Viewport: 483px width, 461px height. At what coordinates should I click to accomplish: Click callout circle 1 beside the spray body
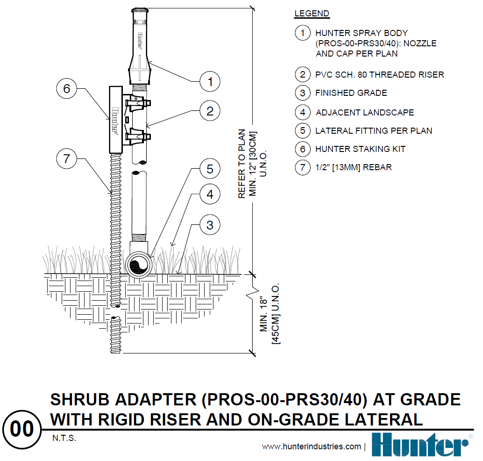(210, 82)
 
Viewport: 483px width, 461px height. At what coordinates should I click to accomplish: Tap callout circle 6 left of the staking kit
(66, 89)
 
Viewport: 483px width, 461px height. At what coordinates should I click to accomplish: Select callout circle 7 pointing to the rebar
(66, 158)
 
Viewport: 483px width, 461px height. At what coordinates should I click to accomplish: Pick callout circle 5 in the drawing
(210, 169)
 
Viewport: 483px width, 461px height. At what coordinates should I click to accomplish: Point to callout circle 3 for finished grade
(210, 225)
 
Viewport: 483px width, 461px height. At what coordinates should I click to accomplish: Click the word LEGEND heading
(312, 14)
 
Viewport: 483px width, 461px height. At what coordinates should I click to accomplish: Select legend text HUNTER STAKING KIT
(360, 149)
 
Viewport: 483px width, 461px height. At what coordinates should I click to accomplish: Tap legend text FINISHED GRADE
(351, 93)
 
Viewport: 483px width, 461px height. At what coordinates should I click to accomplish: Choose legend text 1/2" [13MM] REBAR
(353, 167)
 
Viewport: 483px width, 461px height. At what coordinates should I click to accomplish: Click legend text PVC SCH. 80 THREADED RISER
(379, 75)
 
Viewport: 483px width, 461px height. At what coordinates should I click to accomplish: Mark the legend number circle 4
(303, 112)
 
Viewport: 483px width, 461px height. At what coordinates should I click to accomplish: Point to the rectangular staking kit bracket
(115, 119)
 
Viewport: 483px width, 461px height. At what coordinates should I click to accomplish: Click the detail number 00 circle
(22, 429)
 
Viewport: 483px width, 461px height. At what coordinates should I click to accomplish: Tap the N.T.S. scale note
(63, 439)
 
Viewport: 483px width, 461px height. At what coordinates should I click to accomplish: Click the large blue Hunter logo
(420, 445)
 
